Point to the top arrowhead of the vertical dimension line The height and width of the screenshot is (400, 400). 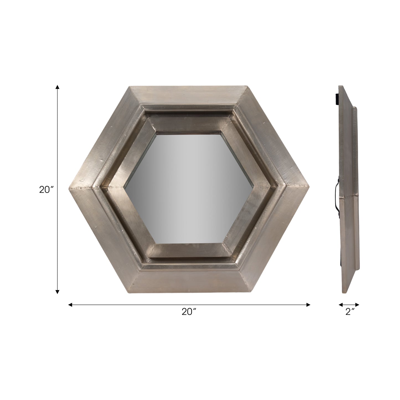point(57,87)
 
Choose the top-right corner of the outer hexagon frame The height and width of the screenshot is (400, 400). point(246,86)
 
